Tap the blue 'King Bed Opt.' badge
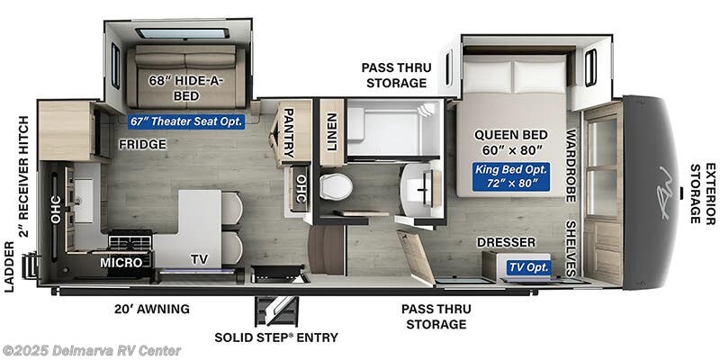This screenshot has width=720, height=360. click(x=510, y=176)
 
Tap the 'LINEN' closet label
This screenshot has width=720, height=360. click(x=331, y=131)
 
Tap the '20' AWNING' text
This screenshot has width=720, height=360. click(x=151, y=309)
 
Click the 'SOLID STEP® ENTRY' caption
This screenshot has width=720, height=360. click(x=276, y=337)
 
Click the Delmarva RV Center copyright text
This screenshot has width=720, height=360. click(x=92, y=350)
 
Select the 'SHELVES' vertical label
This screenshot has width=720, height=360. click(x=571, y=246)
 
